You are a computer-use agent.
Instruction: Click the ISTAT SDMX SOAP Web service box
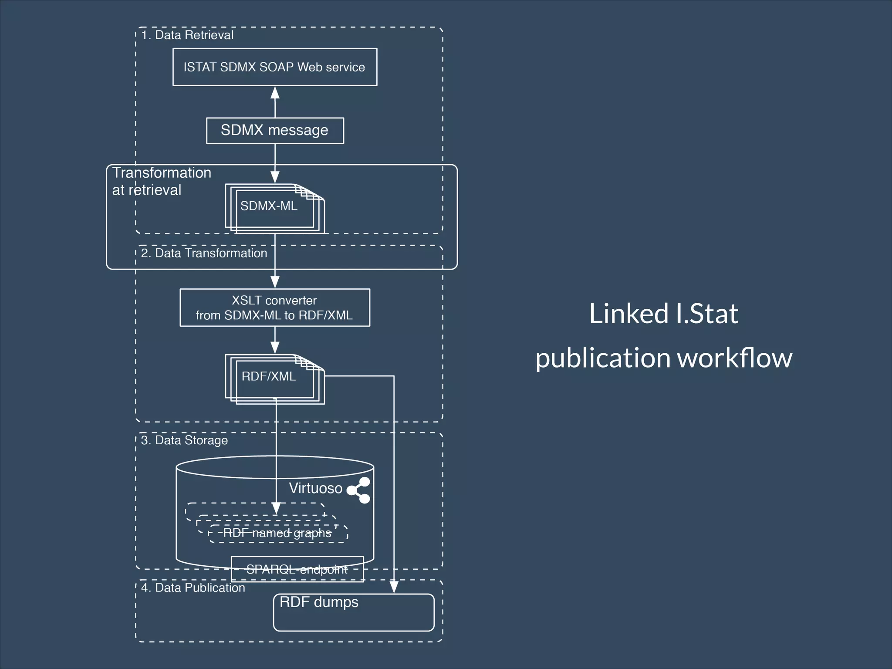275,67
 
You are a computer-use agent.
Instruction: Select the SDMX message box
275,130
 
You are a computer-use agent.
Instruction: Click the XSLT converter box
275,307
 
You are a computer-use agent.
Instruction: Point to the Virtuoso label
315,488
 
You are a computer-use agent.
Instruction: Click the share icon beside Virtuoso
359,490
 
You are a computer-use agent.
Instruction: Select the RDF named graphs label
277,533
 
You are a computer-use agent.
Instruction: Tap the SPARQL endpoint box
297,569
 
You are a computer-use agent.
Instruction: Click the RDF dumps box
354,612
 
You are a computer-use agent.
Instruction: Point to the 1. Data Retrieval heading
187,35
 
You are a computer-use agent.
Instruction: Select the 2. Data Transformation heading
204,253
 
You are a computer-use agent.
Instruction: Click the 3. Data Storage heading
184,440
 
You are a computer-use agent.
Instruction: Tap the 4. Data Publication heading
193,588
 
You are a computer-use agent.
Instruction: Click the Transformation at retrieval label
161,181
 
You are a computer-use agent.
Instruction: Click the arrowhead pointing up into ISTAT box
275,93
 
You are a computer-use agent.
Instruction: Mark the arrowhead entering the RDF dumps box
394,587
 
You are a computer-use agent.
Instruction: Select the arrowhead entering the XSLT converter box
275,281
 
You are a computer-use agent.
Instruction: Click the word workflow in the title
734,358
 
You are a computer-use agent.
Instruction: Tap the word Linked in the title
628,314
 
